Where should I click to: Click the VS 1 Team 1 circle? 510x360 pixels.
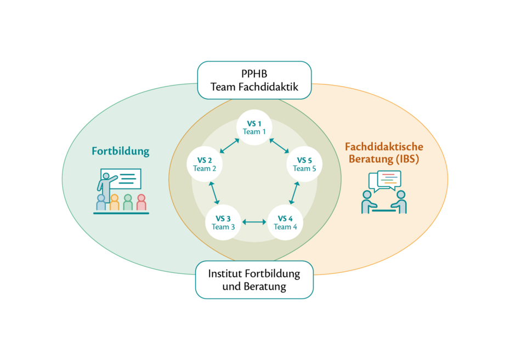254,128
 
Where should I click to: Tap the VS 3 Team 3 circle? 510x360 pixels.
223,222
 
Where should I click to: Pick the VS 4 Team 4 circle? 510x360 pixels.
285,222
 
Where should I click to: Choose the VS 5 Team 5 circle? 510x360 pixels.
304,164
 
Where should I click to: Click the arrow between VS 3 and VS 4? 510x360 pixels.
254,222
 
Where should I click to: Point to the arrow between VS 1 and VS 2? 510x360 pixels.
229,145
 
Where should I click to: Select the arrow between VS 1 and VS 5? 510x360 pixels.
280,145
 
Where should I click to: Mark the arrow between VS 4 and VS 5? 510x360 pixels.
294,193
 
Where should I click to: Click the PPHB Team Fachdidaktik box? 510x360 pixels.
254,80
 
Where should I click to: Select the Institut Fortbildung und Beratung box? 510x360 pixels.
254,279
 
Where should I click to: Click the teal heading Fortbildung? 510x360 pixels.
121,151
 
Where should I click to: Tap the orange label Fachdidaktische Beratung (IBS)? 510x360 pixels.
384,153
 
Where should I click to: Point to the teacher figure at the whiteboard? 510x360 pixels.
105,184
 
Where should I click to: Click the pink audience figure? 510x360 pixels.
141,202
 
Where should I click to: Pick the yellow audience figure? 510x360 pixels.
114,202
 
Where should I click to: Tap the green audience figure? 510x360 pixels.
128,202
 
